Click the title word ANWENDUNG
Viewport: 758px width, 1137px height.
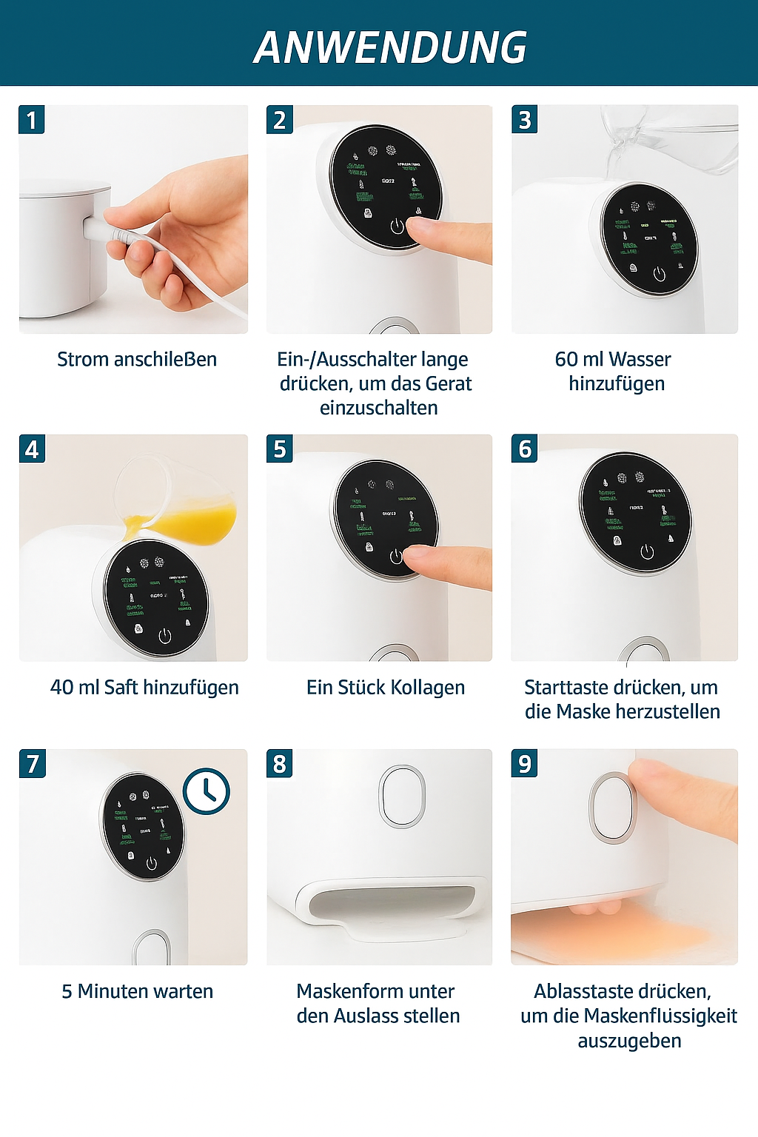[390, 48]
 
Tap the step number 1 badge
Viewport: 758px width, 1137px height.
[32, 120]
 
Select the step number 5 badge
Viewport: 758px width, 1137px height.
[280, 449]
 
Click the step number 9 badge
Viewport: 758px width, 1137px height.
[525, 764]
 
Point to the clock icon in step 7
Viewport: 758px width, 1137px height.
[207, 791]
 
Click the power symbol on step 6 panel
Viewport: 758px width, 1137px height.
[647, 551]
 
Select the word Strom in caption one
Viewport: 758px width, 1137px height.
[83, 360]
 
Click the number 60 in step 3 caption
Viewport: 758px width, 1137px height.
[566, 360]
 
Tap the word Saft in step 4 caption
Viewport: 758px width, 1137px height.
[121, 688]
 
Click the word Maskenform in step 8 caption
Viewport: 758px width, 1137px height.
[338, 992]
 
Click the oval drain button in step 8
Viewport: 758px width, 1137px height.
[402, 796]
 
